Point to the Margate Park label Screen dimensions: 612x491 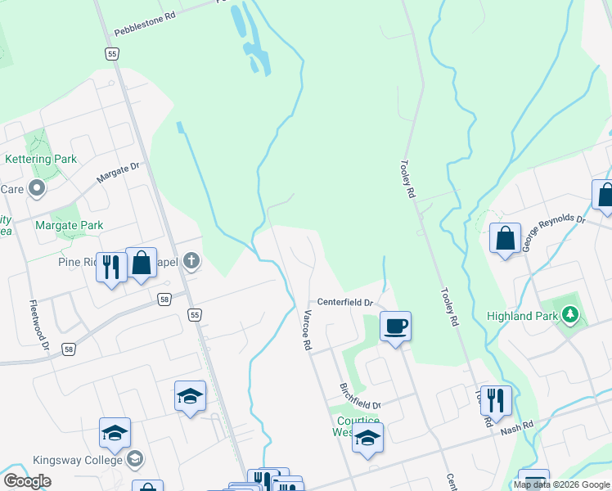click(70, 225)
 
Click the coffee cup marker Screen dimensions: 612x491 click(395, 327)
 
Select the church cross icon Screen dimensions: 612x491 click(191, 262)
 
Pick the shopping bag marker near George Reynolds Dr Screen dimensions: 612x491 click(506, 239)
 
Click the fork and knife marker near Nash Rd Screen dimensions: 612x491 click(495, 400)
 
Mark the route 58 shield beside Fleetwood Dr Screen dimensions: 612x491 click(68, 349)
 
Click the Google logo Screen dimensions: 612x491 click(28, 481)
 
